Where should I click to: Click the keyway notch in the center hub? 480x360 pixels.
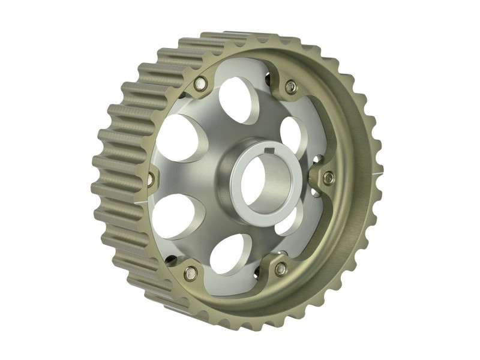click(271, 148)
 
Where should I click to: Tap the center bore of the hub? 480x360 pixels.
click(268, 181)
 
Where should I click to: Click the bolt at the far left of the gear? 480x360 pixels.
click(151, 178)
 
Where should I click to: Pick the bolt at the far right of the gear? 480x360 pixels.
click(328, 178)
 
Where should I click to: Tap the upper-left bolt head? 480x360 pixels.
click(201, 84)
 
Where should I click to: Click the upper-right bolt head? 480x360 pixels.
click(291, 86)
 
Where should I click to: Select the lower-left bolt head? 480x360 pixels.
click(191, 273)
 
